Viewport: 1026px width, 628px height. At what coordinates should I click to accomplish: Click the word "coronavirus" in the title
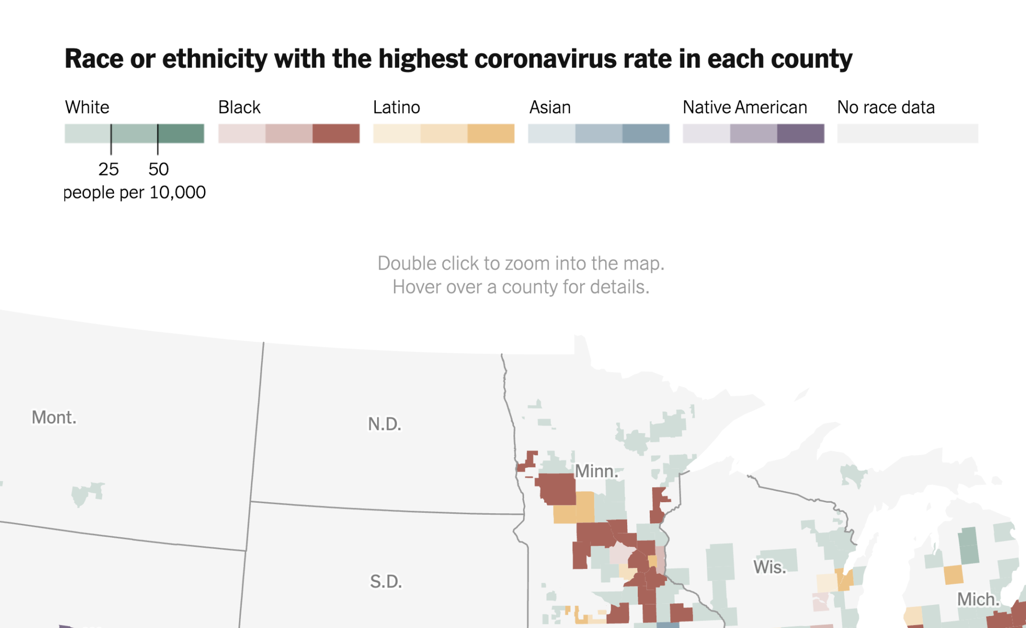(545, 59)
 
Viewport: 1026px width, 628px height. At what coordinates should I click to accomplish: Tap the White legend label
(87, 107)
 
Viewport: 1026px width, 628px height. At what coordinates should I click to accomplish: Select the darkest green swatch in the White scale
(181, 134)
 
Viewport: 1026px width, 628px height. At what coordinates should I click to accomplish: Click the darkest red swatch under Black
(336, 134)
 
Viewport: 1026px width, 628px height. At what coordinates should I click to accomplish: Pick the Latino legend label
(396, 107)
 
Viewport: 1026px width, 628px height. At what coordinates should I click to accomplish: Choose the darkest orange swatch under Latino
(491, 134)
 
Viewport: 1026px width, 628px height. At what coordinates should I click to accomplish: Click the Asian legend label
(550, 107)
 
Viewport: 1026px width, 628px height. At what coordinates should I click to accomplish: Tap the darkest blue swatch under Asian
(646, 134)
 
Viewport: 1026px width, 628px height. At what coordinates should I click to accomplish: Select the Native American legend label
(745, 107)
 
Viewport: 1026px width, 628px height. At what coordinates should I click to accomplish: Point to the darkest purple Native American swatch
(801, 134)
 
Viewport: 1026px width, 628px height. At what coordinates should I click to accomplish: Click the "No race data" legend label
(886, 107)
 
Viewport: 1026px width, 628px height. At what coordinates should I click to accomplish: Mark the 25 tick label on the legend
(109, 169)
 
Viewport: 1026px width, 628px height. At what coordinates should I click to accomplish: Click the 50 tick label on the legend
(158, 169)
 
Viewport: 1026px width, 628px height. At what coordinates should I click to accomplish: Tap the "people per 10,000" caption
(134, 192)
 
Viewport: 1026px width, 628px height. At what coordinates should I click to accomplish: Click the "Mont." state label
(54, 417)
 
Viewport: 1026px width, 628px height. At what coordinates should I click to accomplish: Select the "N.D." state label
(385, 424)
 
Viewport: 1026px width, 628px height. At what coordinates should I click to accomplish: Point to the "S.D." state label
(386, 581)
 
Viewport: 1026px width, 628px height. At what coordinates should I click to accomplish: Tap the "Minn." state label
(596, 471)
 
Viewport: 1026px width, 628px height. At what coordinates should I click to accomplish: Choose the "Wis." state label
(770, 567)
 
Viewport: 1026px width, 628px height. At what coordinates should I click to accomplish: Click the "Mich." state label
(978, 599)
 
